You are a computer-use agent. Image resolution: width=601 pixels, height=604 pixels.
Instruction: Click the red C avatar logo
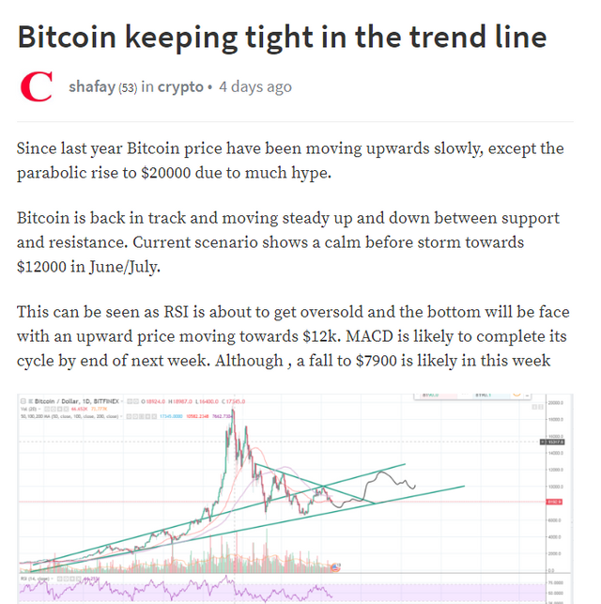pos(37,87)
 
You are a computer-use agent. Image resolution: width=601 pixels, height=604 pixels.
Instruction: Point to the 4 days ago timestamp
pos(254,86)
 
